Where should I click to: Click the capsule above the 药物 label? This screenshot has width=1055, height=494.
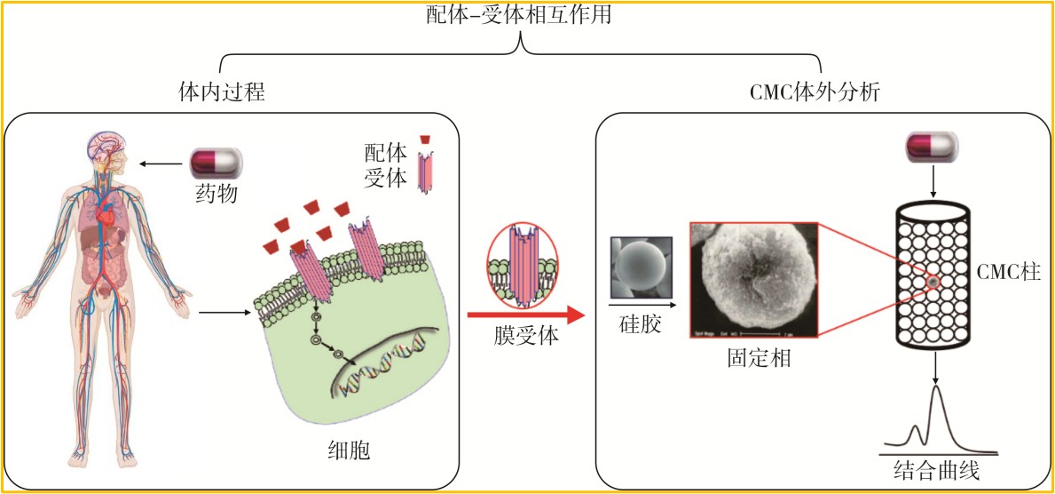[x=217, y=163]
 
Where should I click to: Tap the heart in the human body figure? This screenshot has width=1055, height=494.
[x=106, y=219]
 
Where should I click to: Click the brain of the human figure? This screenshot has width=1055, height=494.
[x=102, y=144]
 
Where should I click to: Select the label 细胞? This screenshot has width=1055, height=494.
[x=342, y=451]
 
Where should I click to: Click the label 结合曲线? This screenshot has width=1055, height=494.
[x=937, y=470]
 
